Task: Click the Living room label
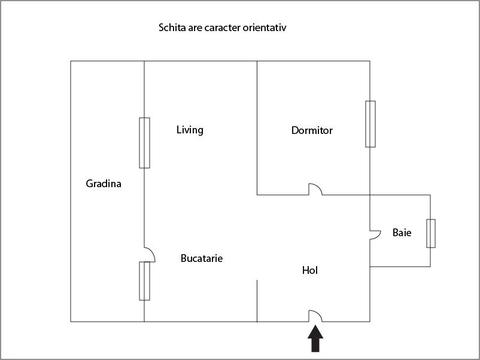[190, 130]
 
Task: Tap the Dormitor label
[312, 130]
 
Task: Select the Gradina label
[104, 184]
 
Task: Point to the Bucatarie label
[202, 258]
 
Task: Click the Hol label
[309, 270]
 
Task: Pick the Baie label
[402, 233]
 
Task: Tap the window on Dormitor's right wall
[370, 124]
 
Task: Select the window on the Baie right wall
[430, 233]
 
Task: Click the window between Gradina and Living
[144, 143]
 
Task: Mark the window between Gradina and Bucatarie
[144, 280]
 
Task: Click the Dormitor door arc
[315, 189]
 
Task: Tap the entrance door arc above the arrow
[315, 316]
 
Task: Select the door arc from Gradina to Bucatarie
[150, 255]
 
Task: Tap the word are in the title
[196, 28]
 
